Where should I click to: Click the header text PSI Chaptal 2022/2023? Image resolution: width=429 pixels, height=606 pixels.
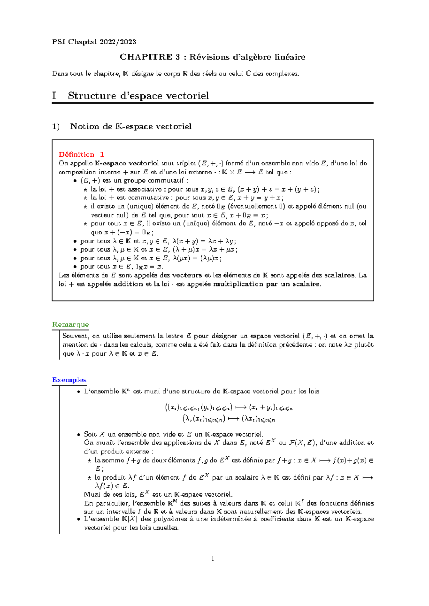click(x=94, y=42)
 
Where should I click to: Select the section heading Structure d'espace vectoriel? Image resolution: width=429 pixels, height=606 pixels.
click(x=138, y=96)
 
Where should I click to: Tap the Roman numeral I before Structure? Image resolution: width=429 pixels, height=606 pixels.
click(x=54, y=96)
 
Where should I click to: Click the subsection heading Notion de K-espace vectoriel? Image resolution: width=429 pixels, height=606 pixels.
click(x=131, y=126)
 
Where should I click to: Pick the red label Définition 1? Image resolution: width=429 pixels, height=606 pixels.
click(x=82, y=154)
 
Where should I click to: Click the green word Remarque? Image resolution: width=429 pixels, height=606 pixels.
click(x=70, y=324)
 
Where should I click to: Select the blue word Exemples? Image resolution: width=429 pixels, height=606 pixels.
click(x=69, y=380)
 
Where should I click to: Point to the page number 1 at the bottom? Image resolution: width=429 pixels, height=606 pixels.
click(x=213, y=559)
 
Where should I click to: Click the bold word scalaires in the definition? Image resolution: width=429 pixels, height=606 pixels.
click(x=340, y=275)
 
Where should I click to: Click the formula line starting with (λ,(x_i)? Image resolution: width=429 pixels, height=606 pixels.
click(x=229, y=419)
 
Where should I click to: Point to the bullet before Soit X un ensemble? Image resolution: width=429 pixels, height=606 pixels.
click(x=79, y=434)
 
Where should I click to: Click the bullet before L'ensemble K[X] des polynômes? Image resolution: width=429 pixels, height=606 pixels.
click(x=79, y=519)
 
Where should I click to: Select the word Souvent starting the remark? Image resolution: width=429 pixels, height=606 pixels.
click(x=76, y=336)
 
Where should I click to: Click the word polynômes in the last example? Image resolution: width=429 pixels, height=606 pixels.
click(x=173, y=519)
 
